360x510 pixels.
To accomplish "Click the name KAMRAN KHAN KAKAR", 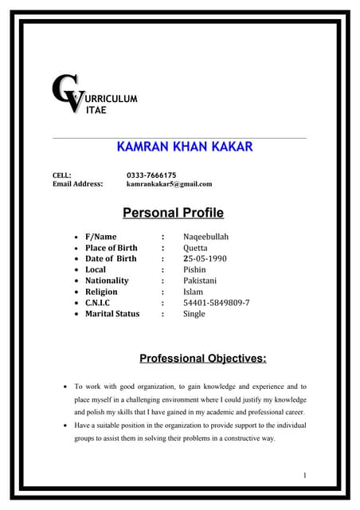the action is click(184, 147).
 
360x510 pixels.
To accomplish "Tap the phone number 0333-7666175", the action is click(151, 175).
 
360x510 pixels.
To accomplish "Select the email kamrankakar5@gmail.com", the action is click(169, 184).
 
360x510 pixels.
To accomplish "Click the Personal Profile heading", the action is click(173, 213).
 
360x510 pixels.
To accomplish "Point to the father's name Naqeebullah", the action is click(205, 237).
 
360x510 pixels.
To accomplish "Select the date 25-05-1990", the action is click(205, 259).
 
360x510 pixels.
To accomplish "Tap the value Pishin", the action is click(194, 270).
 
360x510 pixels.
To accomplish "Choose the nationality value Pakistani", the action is click(200, 280).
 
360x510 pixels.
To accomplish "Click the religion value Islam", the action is click(193, 292).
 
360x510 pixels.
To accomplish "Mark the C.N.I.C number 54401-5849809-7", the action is click(216, 303).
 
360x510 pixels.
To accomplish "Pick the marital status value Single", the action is click(194, 314).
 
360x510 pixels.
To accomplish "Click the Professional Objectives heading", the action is click(202, 359).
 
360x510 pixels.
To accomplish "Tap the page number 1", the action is click(305, 476).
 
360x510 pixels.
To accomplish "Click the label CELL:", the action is click(62, 175).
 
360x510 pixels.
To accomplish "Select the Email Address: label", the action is click(77, 184).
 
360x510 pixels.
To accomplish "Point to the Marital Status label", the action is click(112, 314).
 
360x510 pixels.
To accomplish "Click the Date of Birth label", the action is click(111, 259).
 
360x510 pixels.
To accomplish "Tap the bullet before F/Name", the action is click(75, 237).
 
